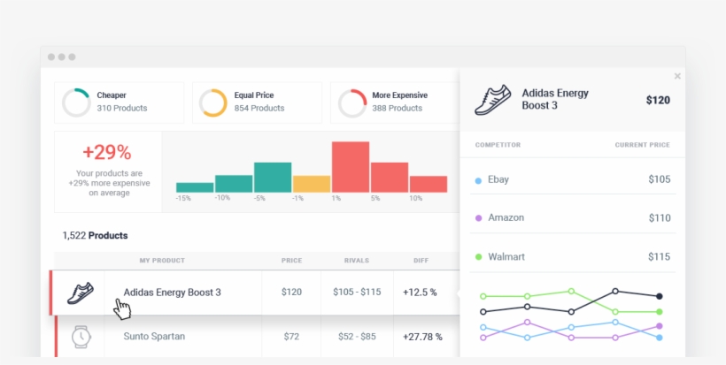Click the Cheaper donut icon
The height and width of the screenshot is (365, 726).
click(x=75, y=103)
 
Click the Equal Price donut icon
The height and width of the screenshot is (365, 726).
click(x=213, y=103)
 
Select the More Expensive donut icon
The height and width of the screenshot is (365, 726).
click(x=351, y=103)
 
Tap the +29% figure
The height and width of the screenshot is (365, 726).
click(x=107, y=152)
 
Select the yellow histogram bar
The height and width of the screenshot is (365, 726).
click(x=312, y=184)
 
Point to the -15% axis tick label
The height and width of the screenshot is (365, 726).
click(x=183, y=198)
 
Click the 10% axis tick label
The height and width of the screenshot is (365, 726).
click(x=415, y=198)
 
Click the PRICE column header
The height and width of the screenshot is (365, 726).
click(x=291, y=261)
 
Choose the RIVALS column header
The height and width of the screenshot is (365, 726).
click(x=357, y=261)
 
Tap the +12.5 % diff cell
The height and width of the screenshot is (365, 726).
click(x=420, y=292)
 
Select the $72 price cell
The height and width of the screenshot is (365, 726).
click(x=291, y=337)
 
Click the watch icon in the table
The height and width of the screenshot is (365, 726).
click(x=81, y=336)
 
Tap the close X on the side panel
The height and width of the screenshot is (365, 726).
click(x=677, y=77)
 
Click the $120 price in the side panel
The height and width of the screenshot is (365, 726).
click(x=658, y=100)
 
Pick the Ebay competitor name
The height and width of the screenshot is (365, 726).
click(x=498, y=179)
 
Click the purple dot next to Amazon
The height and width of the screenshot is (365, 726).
click(x=478, y=217)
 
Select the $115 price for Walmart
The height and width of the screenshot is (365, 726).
click(x=659, y=256)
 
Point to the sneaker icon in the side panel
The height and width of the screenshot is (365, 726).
click(x=493, y=100)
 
